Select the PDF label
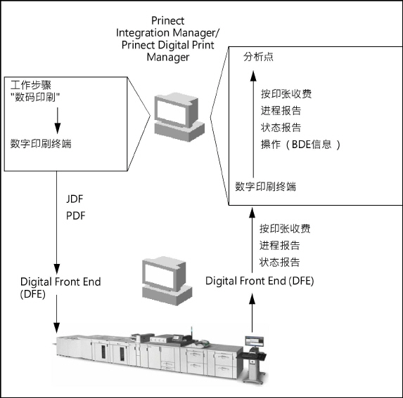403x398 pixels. [x=75, y=215]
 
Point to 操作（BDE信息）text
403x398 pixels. [x=300, y=144]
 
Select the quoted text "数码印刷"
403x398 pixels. [x=37, y=96]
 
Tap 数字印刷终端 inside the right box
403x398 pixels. [x=265, y=186]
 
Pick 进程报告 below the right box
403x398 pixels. [x=279, y=245]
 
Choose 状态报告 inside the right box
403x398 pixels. [x=281, y=127]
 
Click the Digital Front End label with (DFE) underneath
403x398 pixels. [x=60, y=288]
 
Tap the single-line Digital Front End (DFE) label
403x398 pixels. [x=260, y=281]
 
